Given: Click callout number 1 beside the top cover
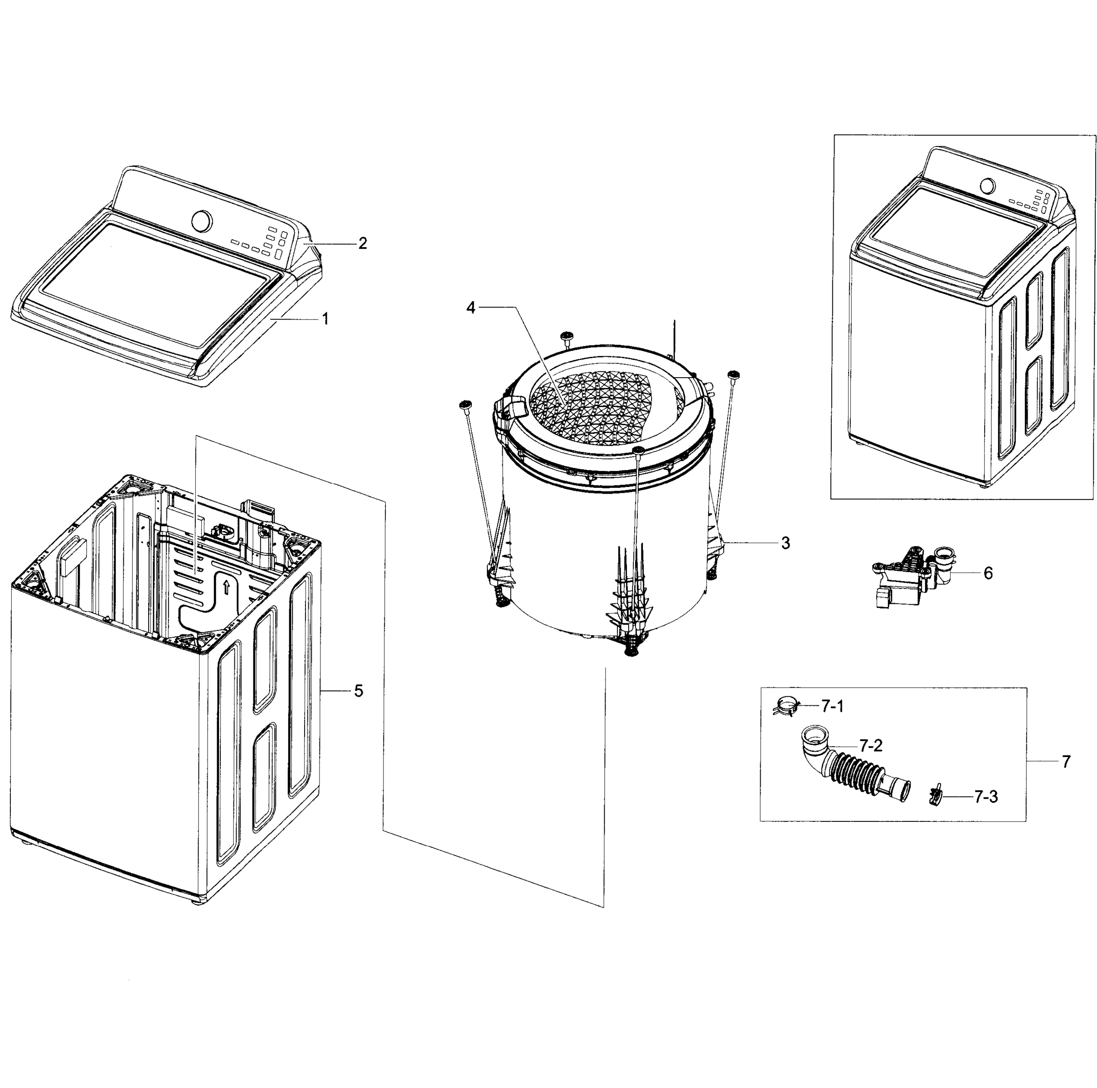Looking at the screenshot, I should tap(325, 319).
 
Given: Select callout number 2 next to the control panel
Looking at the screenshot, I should tap(362, 243).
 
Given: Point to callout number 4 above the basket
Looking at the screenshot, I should tap(470, 307).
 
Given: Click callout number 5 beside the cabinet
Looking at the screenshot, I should tap(358, 690).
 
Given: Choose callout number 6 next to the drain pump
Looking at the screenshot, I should tap(988, 573).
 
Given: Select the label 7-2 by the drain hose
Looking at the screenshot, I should tap(871, 745).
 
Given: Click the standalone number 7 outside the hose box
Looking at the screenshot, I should tap(1066, 762).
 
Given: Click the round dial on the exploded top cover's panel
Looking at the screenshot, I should tap(202, 221).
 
